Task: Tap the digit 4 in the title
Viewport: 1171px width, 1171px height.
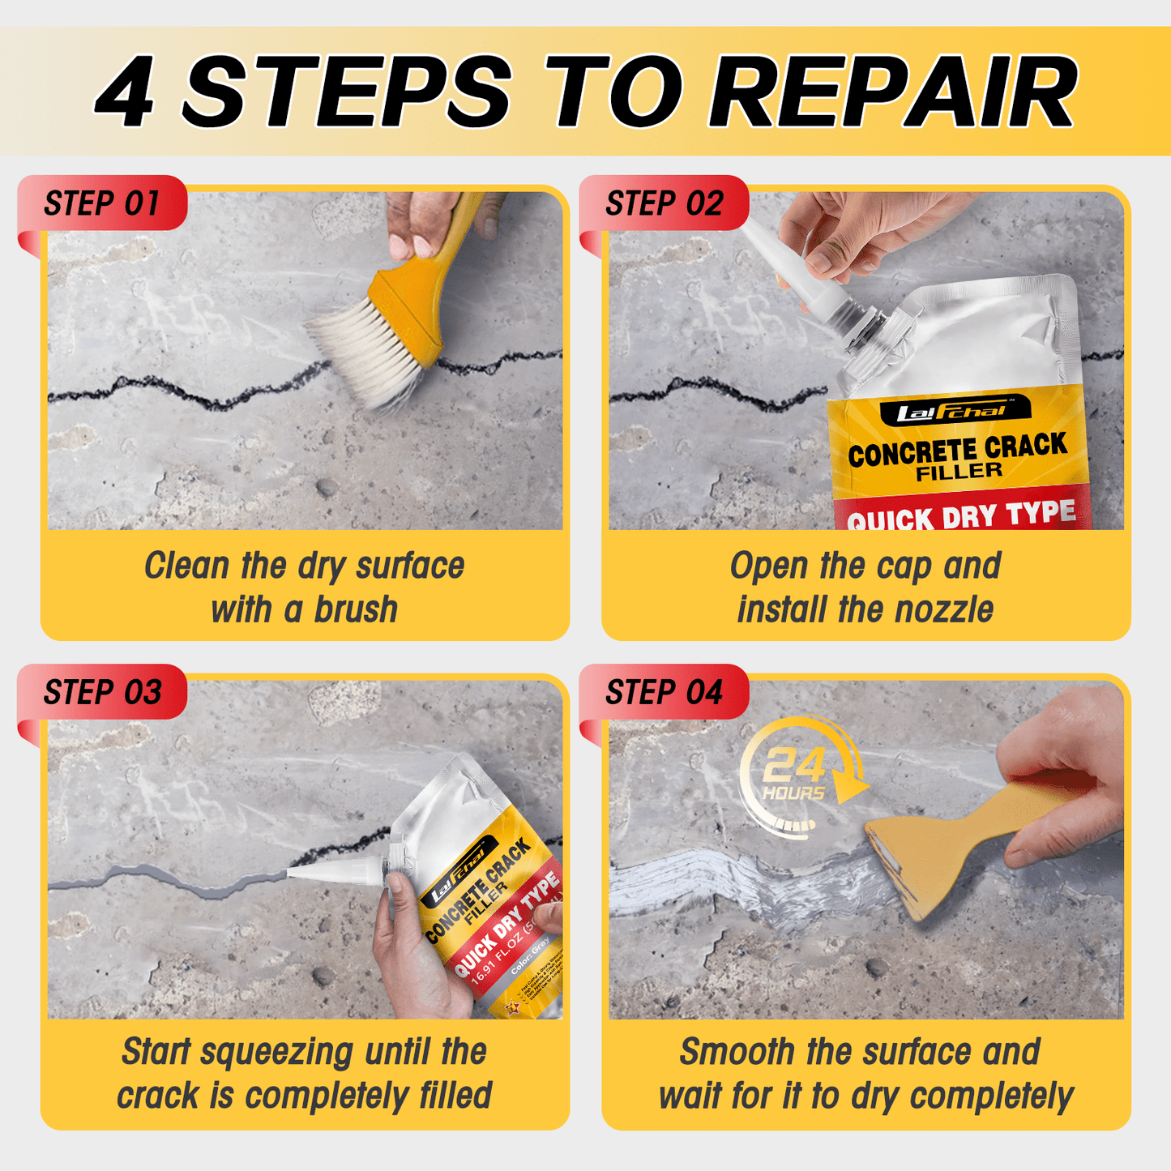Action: coord(126,93)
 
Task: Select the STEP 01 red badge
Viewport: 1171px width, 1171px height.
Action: coord(102,203)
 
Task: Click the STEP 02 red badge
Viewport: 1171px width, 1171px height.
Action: coord(664,203)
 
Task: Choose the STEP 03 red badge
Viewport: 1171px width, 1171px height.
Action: coord(102,693)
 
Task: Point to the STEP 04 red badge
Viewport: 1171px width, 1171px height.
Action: coord(664,693)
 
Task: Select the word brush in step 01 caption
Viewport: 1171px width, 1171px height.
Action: coord(356,609)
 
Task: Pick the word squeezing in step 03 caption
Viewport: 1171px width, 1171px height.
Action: coord(276,1052)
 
